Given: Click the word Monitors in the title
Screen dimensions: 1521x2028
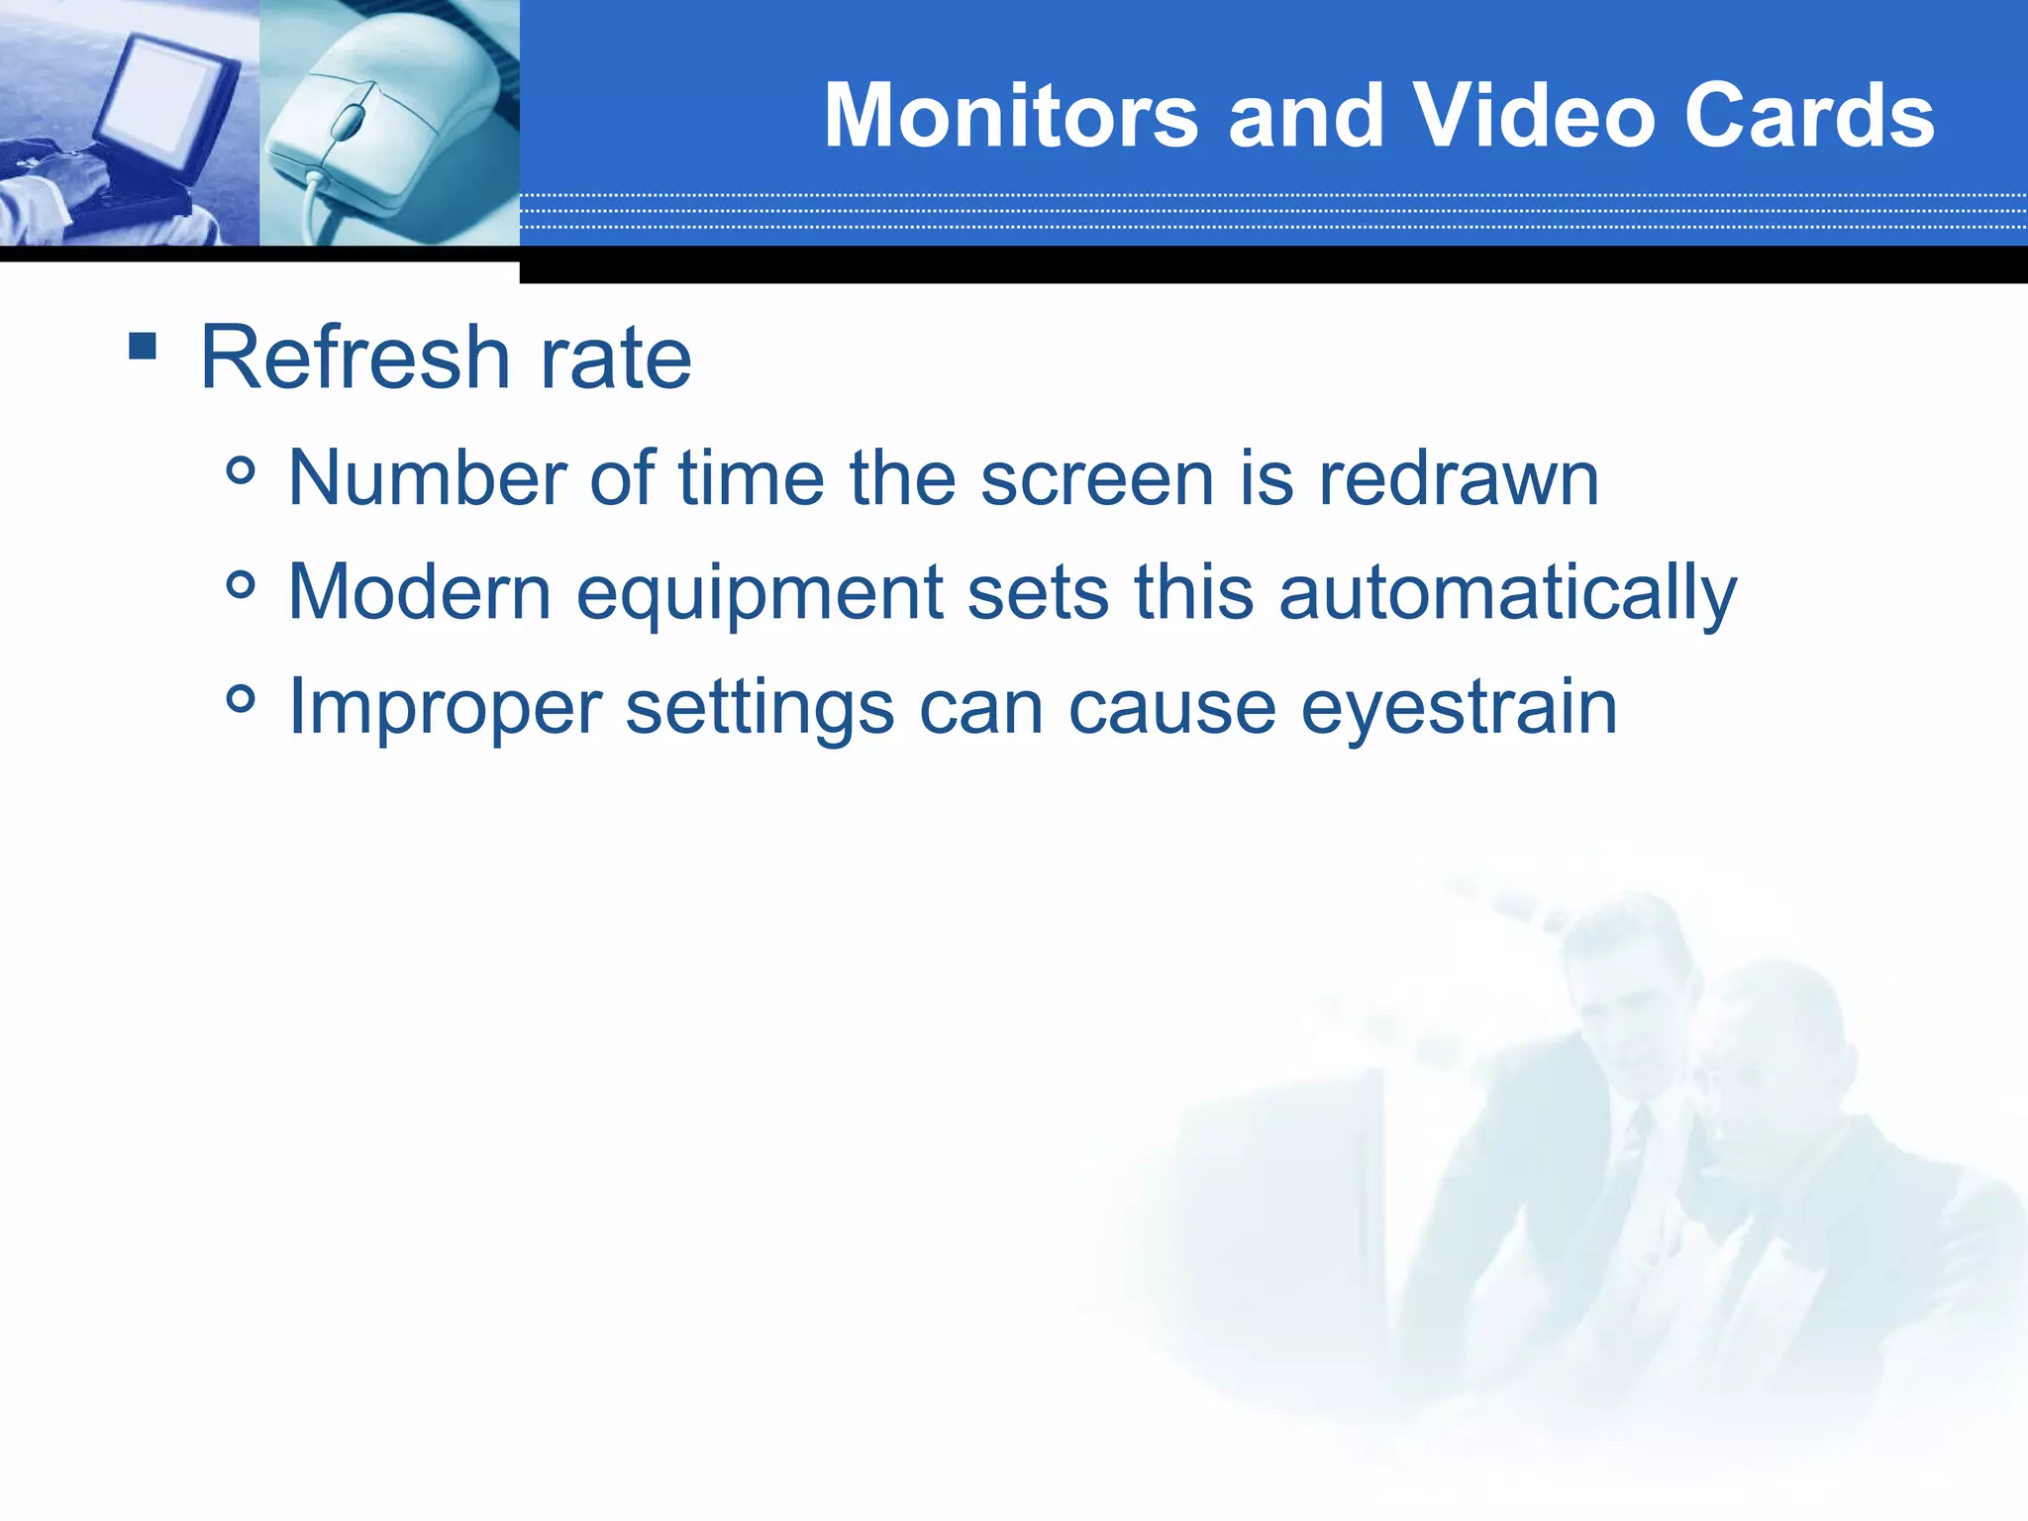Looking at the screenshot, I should pyautogui.click(x=1011, y=116).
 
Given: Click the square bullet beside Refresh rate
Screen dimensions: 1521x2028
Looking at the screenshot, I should pyautogui.click(x=143, y=346).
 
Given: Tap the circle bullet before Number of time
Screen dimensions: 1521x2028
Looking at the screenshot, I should pyautogui.click(x=240, y=470).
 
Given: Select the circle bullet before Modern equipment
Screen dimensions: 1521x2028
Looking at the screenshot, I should pyautogui.click(x=240, y=585).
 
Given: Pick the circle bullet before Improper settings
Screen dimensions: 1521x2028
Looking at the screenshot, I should pyautogui.click(x=240, y=699).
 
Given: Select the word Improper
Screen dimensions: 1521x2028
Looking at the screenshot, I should pyautogui.click(x=445, y=709).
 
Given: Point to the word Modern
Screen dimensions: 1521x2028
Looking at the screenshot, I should pyautogui.click(x=419, y=592).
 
